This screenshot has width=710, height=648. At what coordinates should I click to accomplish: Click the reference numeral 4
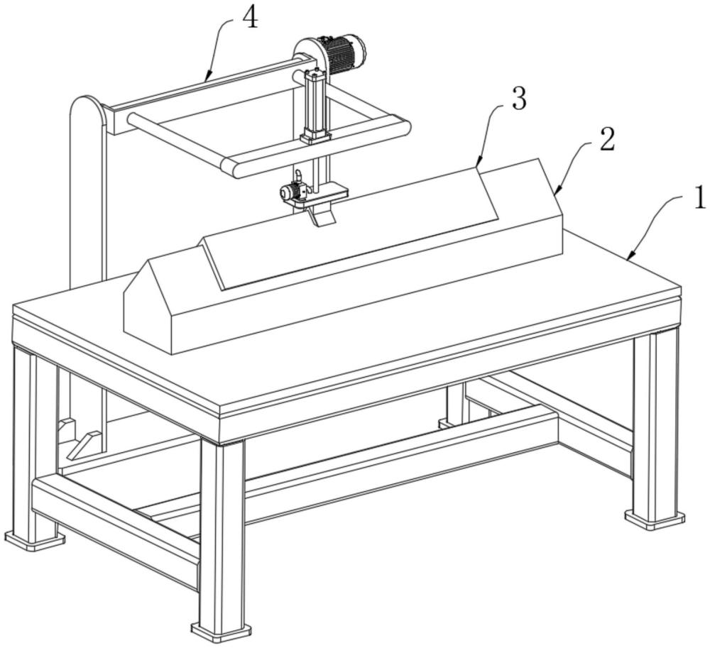250,18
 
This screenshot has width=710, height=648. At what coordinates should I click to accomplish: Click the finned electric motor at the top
344,53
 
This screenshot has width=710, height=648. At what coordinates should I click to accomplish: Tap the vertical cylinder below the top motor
316,106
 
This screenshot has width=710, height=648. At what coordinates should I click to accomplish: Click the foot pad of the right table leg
655,519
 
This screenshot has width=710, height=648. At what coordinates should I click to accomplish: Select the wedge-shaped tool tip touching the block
322,215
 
